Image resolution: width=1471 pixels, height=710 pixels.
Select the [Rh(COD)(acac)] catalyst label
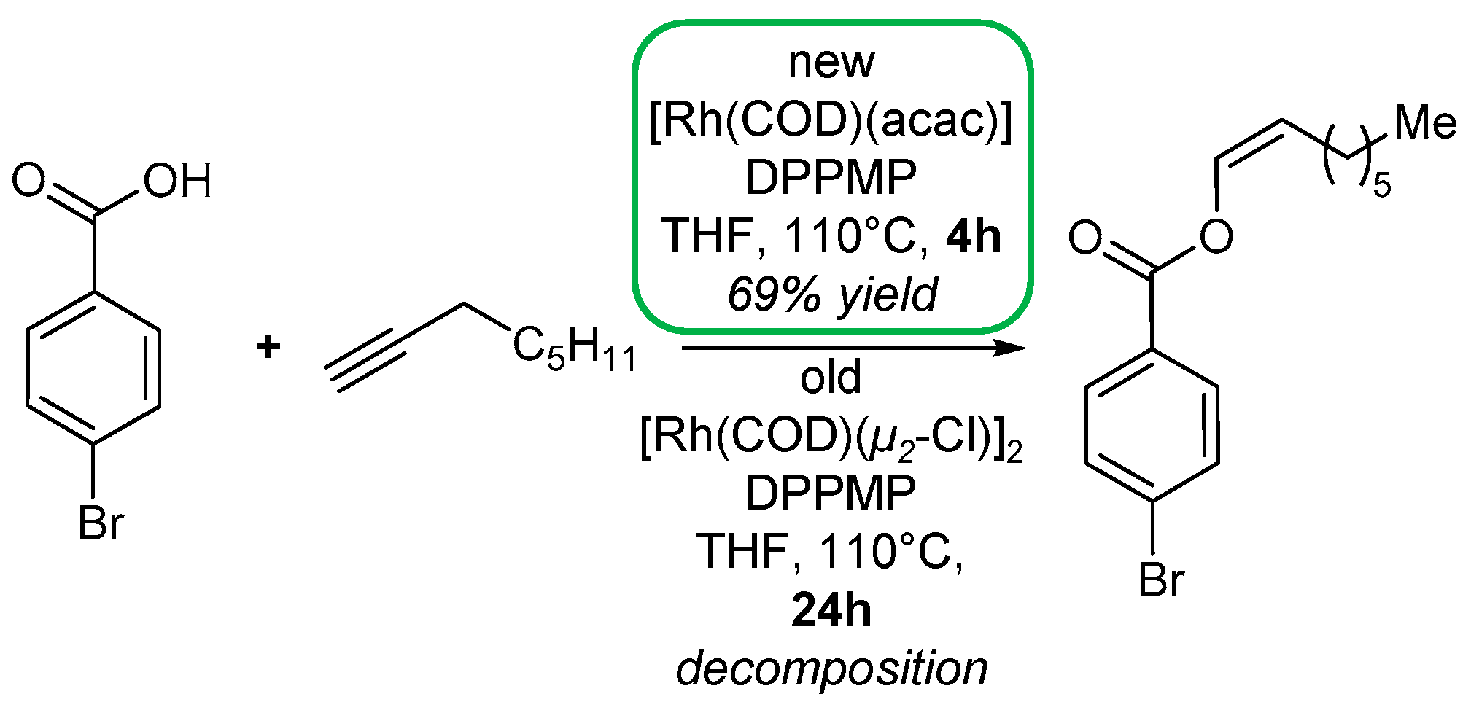[831, 121]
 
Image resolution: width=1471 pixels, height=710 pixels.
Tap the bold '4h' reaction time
[974, 236]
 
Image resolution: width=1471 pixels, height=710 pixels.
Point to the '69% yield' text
[832, 294]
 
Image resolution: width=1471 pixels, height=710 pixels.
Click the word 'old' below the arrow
[831, 378]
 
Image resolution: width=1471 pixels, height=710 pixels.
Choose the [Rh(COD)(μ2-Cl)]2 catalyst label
[831, 437]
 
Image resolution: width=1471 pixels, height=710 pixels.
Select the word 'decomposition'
[831, 668]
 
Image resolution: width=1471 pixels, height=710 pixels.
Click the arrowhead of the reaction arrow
[1010, 348]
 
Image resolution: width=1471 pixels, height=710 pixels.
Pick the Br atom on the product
[1161, 580]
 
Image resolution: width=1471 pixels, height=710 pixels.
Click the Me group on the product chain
[1425, 123]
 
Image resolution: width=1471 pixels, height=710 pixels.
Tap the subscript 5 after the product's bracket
[1382, 186]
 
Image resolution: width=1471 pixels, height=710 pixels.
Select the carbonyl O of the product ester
[1085, 238]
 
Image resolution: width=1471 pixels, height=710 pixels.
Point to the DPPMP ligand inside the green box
[831, 178]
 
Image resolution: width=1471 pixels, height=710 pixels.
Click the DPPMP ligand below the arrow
[831, 494]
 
